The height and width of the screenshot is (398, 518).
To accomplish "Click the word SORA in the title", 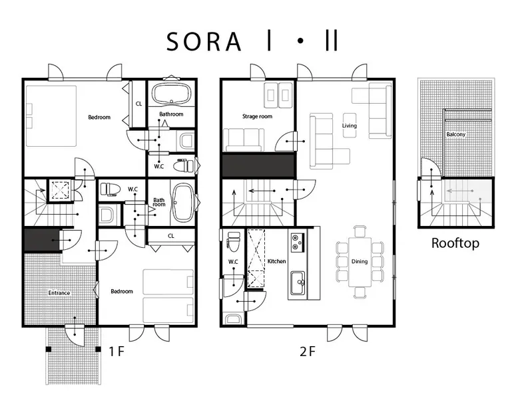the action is [x=204, y=42].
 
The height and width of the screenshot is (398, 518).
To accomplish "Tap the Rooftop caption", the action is [x=455, y=243].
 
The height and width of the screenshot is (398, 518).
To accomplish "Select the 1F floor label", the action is [x=117, y=351].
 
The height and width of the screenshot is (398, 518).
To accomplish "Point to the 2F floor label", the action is [x=307, y=351].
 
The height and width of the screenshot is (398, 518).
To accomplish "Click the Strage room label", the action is [x=258, y=116].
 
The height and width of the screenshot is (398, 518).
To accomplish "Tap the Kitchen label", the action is [x=276, y=261].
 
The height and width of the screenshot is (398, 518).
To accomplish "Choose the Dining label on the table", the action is [x=360, y=262].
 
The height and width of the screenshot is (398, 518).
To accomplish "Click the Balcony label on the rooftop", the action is [x=456, y=134].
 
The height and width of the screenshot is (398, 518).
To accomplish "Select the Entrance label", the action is [x=59, y=293].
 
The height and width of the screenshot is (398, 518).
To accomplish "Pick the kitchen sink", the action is [x=298, y=284].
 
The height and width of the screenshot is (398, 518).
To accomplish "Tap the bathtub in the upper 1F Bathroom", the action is [x=172, y=93].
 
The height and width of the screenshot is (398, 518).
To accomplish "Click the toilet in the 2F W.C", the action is [x=234, y=240].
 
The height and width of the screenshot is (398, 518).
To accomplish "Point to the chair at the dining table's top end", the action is [x=360, y=231].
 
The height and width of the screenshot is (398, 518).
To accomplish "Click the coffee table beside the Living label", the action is [x=350, y=126].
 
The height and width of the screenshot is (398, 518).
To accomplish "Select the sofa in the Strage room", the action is [x=244, y=140].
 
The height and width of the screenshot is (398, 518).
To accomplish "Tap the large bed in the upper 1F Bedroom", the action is [x=51, y=116].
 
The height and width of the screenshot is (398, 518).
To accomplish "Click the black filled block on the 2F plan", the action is [x=258, y=166].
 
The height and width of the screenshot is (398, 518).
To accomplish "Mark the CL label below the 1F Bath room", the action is [x=171, y=236].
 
